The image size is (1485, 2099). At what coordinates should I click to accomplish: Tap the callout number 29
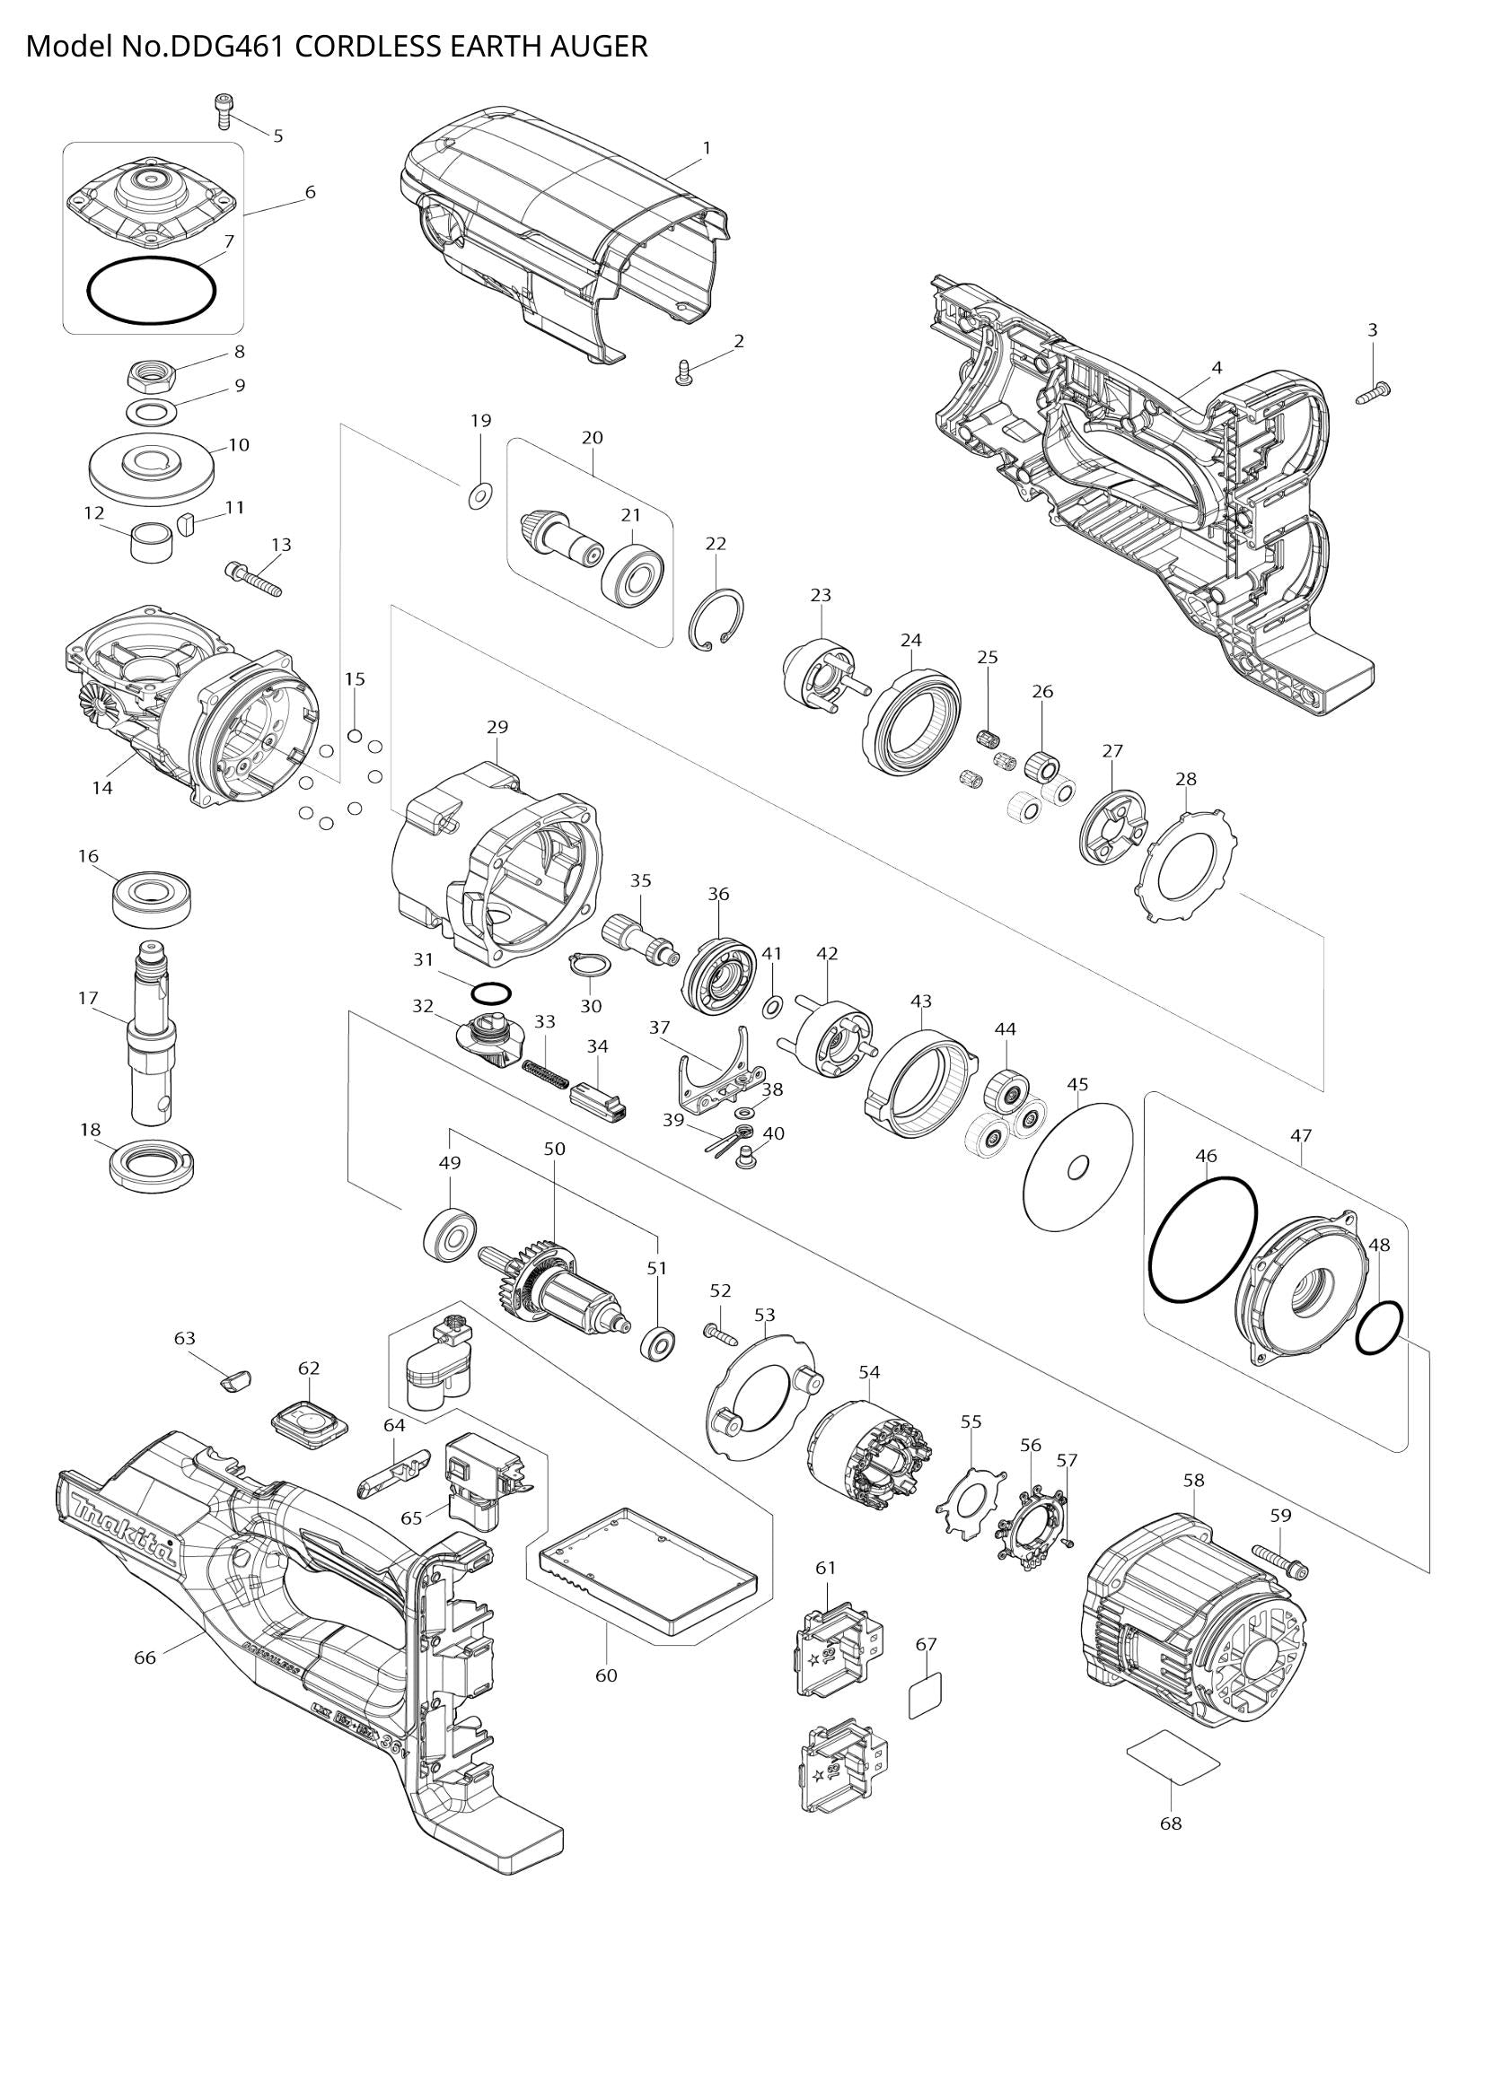[496, 728]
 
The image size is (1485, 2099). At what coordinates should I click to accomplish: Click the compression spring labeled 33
[542, 1071]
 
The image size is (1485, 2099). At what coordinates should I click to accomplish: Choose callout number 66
[145, 1657]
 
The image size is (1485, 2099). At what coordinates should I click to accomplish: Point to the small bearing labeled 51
[656, 1343]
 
